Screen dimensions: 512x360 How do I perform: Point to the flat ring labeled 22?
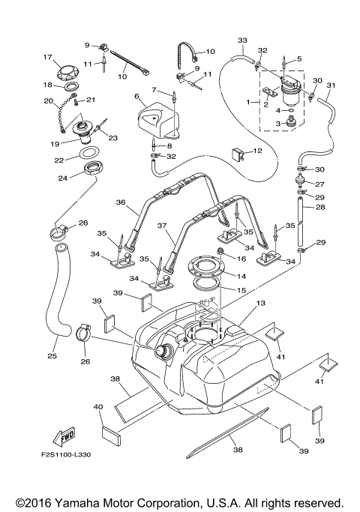pos(91,155)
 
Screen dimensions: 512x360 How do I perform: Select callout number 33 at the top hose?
pos(241,39)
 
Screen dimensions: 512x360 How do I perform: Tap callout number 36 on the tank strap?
pos(120,202)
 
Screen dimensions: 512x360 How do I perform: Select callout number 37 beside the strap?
pos(160,226)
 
